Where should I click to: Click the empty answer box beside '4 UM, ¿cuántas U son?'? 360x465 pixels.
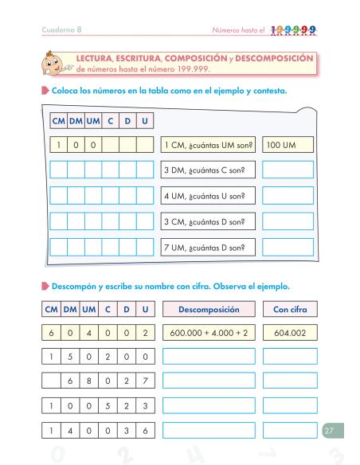pyautogui.click(x=288, y=196)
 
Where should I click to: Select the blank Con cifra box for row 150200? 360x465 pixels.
pyautogui.click(x=290, y=357)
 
